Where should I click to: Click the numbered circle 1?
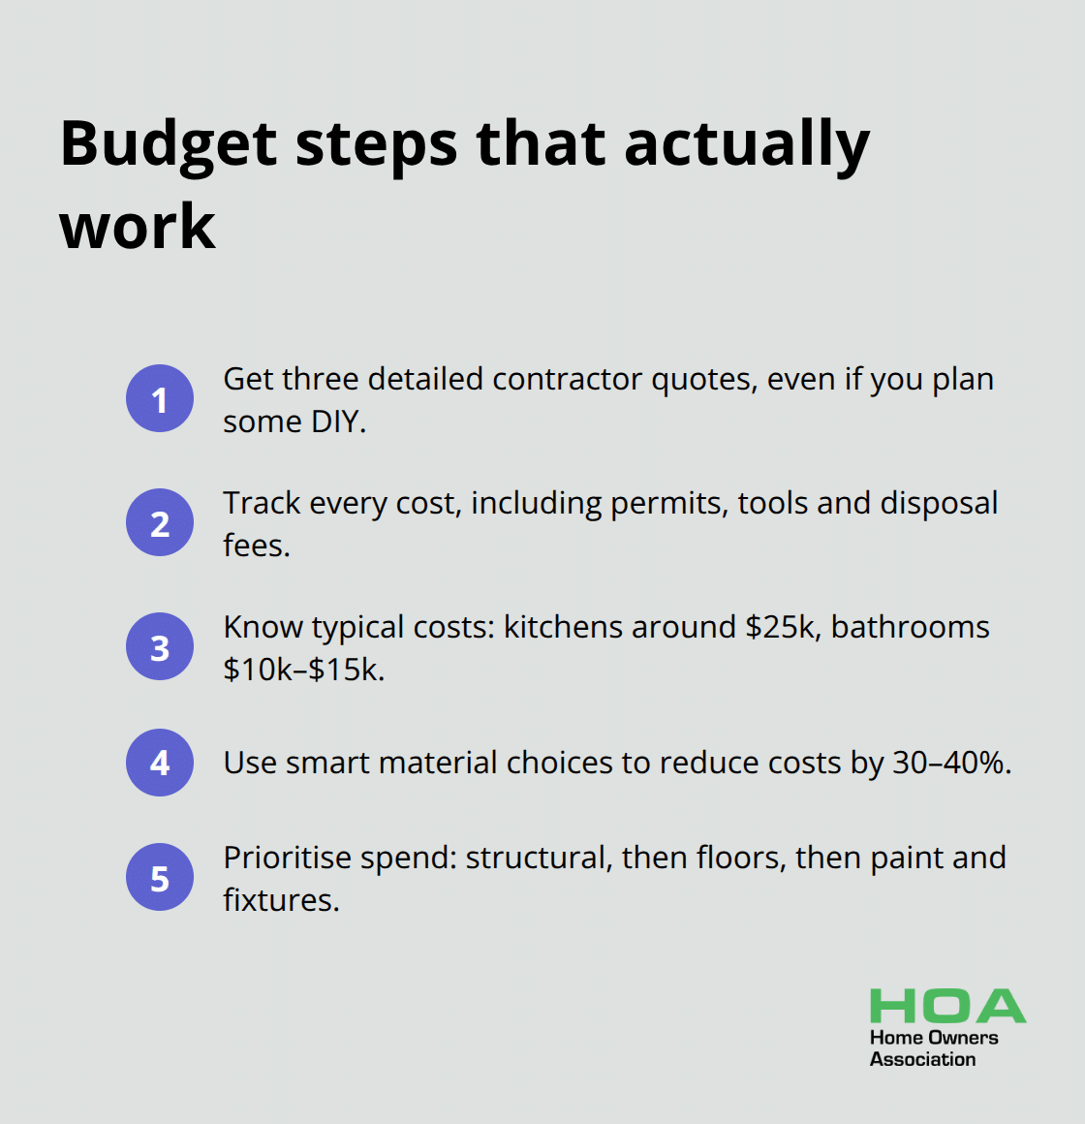160,398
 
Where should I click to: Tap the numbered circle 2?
160,522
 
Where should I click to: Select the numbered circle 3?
160,646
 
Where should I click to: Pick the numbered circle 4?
160,763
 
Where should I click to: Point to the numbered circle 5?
160,878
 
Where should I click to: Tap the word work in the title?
138,227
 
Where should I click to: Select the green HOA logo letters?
946,1007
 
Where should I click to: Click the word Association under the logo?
922,1059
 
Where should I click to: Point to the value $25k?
781,627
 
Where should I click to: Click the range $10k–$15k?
303,670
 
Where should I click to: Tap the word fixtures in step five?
281,900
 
